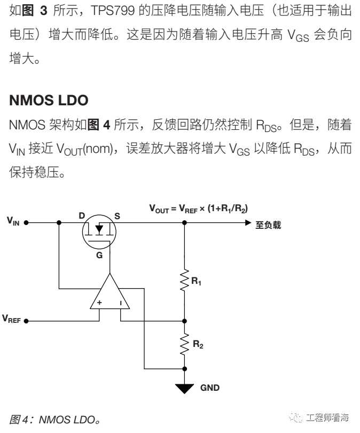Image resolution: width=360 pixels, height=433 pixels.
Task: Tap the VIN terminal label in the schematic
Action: pyautogui.click(x=13, y=220)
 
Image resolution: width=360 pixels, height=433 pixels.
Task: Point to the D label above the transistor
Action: pyautogui.click(x=82, y=215)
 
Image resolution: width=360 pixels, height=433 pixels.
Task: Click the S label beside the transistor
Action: pyautogui.click(x=117, y=215)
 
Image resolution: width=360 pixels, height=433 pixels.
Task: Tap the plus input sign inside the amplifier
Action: pyautogui.click(x=99, y=303)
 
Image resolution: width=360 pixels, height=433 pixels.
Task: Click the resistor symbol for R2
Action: pyautogui.click(x=185, y=345)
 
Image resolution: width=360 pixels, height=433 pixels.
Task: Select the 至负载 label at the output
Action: pyautogui.click(x=268, y=225)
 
